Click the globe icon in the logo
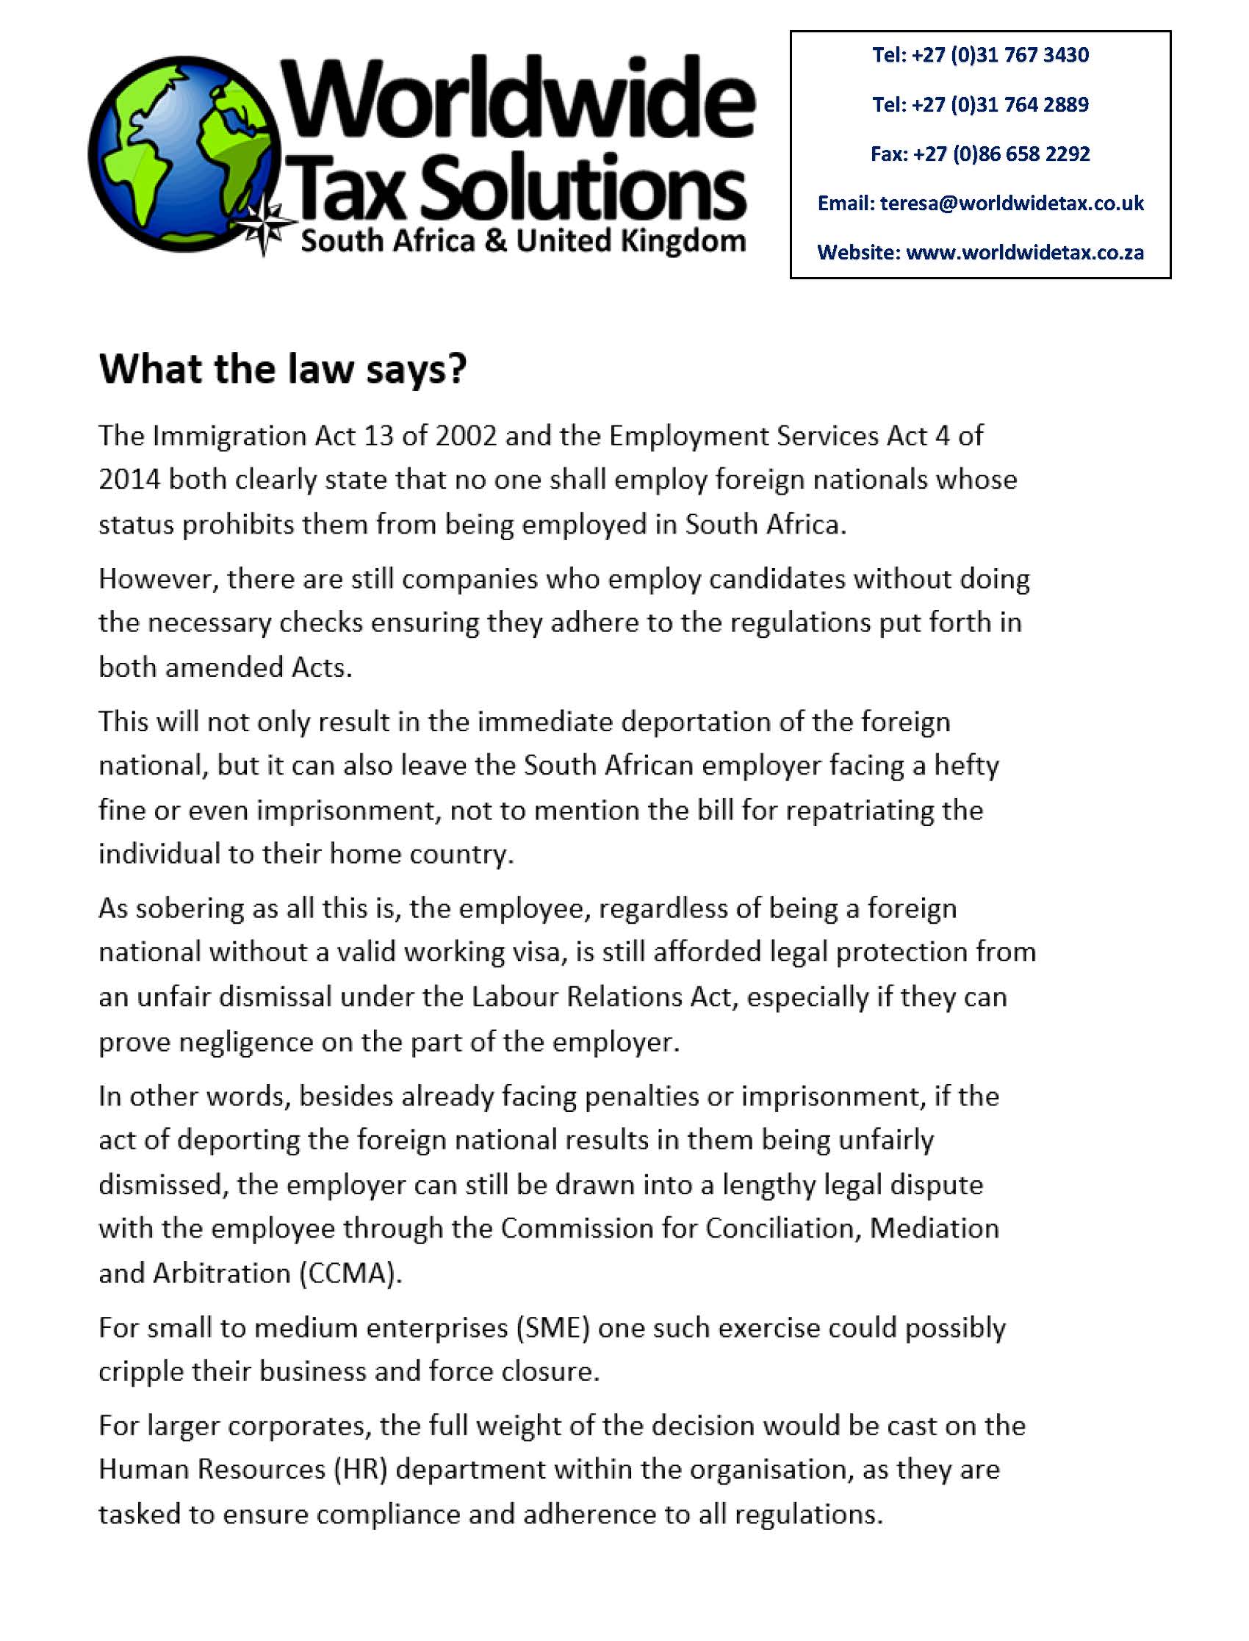point(190,152)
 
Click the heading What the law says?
point(283,370)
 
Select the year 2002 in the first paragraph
point(466,436)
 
